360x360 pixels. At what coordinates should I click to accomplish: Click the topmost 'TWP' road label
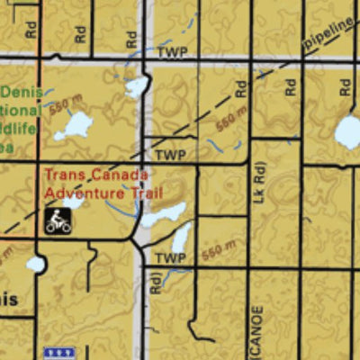[171, 53]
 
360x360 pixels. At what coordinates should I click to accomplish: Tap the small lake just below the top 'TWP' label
[137, 86]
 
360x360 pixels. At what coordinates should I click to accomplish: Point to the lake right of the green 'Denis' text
[74, 124]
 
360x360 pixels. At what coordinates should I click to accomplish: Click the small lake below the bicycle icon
[36, 264]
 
